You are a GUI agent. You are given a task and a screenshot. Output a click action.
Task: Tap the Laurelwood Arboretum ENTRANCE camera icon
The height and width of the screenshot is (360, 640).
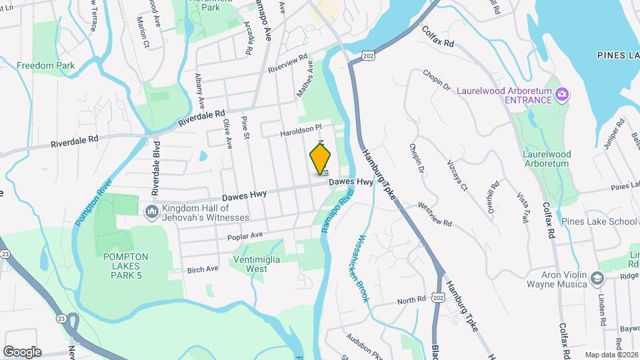(561, 94)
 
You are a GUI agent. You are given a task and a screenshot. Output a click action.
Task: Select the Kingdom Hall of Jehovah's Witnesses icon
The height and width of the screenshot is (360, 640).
(151, 212)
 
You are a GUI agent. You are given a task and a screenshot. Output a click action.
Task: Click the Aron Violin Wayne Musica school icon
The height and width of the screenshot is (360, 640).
(596, 279)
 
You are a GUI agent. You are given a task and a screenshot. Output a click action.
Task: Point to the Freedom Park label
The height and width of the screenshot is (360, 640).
(46, 65)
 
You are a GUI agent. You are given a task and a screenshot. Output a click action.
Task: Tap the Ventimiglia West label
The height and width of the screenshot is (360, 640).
(257, 264)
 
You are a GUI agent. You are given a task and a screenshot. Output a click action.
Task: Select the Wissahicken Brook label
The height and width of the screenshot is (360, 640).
(363, 267)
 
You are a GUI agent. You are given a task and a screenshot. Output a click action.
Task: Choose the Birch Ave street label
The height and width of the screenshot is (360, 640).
(203, 269)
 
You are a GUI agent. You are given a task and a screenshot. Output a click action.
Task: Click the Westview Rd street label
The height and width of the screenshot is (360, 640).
(435, 215)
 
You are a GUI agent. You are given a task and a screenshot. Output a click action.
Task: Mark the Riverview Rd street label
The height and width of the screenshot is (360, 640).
(287, 63)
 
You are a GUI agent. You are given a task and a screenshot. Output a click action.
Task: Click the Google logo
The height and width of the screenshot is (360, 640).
(22, 352)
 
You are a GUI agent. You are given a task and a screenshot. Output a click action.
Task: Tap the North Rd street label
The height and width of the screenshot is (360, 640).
(411, 301)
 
